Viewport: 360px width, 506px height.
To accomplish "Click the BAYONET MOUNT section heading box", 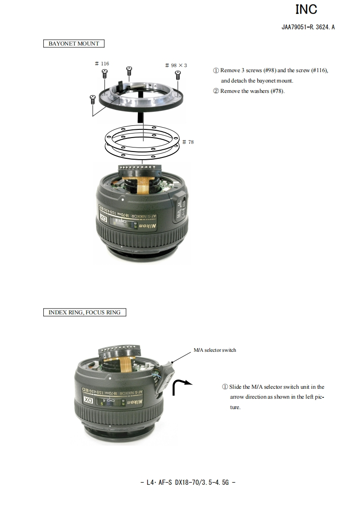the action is pos(74,44).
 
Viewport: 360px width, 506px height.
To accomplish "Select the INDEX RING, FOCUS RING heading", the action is pos(84,313).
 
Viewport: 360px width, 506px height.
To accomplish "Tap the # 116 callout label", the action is pos(102,64).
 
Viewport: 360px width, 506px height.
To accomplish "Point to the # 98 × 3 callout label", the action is pos(176,65).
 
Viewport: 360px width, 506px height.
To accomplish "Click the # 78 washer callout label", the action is pos(188,142).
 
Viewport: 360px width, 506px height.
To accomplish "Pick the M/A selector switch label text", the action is pos(214,350).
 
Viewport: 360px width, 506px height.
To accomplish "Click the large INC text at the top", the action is pos(306,9).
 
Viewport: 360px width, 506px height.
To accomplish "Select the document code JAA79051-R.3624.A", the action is pos(308,27).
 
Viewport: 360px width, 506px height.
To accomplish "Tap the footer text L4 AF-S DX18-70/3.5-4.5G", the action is pos(188,483).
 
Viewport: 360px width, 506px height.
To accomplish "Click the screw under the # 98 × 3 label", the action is pos(178,75).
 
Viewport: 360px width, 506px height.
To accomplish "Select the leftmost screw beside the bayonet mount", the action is pos(93,99).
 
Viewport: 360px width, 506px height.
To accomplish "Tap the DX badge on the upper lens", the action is pos(104,218).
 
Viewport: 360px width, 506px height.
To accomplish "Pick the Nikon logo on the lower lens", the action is pos(134,402).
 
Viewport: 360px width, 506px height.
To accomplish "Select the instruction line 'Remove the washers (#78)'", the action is pos(249,91).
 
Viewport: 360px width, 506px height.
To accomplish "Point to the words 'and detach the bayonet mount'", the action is pos(257,81).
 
